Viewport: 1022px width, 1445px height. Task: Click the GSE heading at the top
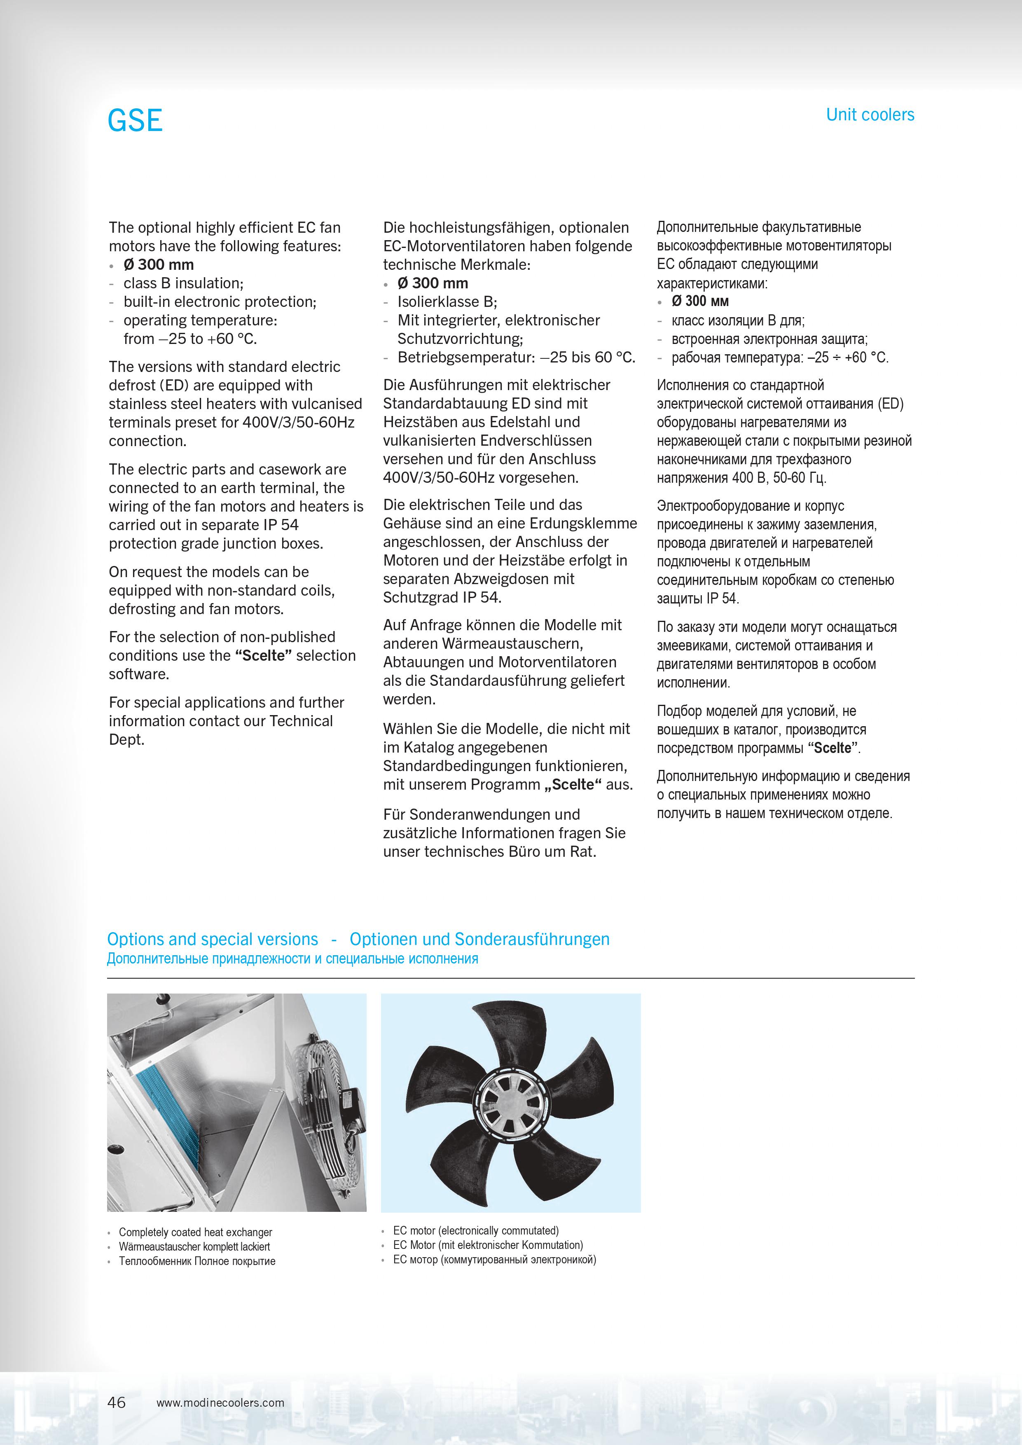(135, 120)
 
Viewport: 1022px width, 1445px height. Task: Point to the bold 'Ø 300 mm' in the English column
(159, 264)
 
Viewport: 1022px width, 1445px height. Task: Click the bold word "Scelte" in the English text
(264, 655)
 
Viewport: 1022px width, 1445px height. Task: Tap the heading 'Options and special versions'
(213, 939)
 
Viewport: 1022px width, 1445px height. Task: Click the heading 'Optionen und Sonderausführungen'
(479, 939)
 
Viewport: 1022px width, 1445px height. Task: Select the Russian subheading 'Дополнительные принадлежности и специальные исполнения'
(292, 959)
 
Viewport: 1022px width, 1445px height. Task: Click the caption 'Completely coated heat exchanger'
(195, 1232)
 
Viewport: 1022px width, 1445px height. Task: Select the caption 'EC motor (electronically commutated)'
(476, 1230)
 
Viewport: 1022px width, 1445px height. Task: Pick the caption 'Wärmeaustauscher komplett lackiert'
(194, 1247)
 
